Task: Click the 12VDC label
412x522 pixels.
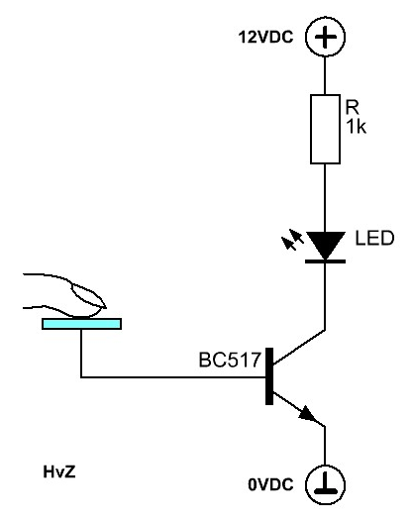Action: point(265,37)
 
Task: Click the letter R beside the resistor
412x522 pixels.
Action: point(353,107)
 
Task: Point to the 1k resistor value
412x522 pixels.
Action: point(357,127)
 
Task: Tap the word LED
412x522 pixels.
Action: point(374,238)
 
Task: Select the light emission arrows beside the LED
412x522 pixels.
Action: point(292,240)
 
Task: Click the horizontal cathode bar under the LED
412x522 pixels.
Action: point(325,261)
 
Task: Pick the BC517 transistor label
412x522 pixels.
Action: point(230,360)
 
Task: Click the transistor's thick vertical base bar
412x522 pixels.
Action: point(269,376)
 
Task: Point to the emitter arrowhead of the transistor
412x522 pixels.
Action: point(307,415)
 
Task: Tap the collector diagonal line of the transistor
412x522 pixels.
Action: point(299,347)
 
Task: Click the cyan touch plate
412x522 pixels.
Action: point(81,324)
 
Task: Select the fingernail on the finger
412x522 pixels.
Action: point(88,296)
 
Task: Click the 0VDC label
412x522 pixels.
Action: point(270,484)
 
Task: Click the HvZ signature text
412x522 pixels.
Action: point(59,471)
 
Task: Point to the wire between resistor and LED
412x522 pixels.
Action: point(325,198)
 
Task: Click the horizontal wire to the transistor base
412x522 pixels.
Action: point(173,377)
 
